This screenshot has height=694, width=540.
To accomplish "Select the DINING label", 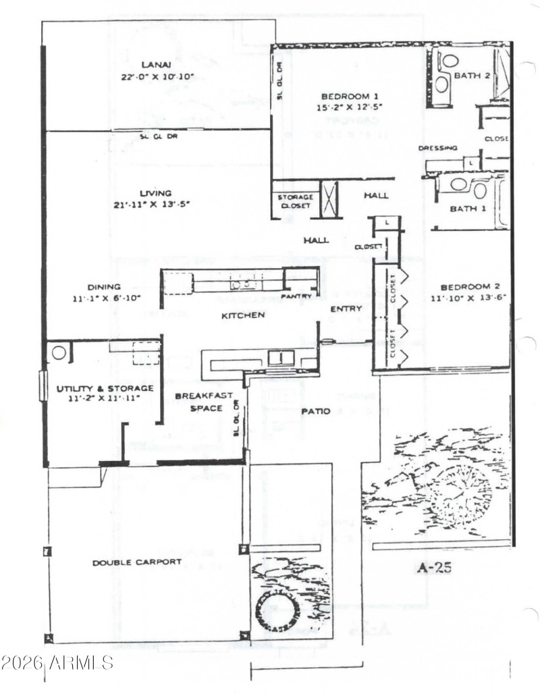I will [x=104, y=286].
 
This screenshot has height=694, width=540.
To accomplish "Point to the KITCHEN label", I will [x=241, y=315].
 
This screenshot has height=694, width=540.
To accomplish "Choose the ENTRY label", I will [x=346, y=309].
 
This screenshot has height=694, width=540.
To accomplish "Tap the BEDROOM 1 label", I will [x=345, y=95].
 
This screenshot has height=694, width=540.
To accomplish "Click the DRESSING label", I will [x=438, y=148].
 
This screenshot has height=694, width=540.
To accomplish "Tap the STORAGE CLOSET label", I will [x=295, y=201].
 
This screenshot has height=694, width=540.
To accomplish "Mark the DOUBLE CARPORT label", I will [x=137, y=562].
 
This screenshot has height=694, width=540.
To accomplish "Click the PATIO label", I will [x=315, y=411].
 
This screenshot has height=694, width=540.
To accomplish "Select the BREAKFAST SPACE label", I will [x=204, y=402].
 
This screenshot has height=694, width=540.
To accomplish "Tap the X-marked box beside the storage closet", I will [x=329, y=199].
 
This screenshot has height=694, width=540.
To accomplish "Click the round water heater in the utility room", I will [x=59, y=353].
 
